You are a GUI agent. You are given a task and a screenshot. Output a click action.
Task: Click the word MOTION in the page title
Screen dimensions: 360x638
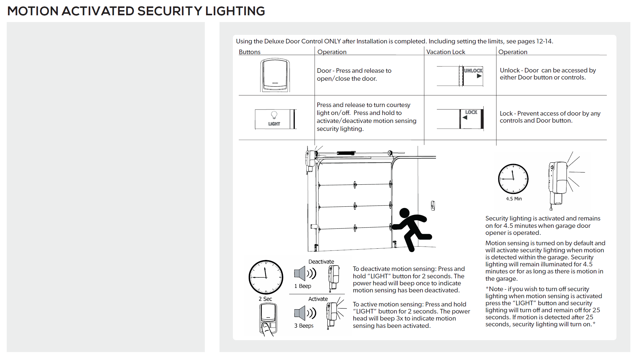click(33, 11)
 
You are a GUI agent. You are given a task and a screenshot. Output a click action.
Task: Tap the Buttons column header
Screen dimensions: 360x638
click(249, 52)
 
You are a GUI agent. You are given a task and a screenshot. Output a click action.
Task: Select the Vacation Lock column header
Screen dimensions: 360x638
click(445, 52)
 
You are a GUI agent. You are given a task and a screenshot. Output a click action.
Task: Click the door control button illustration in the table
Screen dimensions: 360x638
click(275, 75)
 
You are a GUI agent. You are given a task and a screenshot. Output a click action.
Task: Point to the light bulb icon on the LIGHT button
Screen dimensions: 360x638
click(274, 115)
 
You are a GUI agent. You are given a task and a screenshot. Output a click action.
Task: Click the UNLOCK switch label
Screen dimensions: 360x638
click(473, 71)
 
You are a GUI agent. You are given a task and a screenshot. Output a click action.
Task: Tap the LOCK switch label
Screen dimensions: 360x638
click(471, 113)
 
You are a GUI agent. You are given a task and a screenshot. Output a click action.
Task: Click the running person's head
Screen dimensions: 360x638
click(404, 213)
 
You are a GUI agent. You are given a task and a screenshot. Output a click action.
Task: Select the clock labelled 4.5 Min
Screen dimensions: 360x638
click(513, 179)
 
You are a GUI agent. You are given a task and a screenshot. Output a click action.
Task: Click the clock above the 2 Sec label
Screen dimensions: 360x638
click(266, 277)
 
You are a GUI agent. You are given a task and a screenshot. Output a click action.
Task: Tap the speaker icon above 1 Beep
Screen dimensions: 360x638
click(300, 273)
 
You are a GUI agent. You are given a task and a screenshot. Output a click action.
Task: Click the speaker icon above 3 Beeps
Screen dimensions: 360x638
click(300, 313)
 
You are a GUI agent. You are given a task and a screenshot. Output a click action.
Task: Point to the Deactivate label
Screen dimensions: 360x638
click(321, 262)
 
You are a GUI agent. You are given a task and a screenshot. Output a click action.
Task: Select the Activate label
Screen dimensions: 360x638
click(318, 299)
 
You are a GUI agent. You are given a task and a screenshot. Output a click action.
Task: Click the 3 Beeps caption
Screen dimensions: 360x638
click(304, 326)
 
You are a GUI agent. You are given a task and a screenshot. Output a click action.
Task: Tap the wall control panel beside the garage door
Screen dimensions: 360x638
click(433, 206)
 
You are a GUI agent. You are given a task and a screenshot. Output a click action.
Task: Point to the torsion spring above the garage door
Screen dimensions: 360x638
click(346, 153)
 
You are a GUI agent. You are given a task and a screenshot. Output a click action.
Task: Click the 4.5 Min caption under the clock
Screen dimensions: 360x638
click(514, 199)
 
